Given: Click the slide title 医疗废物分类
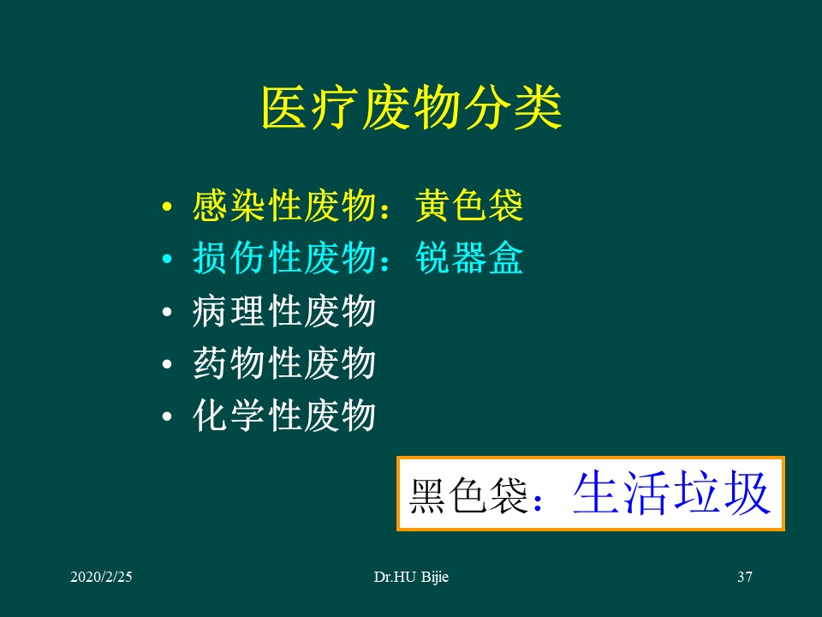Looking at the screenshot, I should coord(411,108).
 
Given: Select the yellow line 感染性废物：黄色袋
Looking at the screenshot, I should coord(358,207).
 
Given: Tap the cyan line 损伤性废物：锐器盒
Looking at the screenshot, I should coord(358,260).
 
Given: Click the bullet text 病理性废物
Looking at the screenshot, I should coord(284,312).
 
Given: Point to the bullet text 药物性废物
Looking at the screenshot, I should coord(284,364).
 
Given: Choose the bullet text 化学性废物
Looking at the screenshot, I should coord(284,416).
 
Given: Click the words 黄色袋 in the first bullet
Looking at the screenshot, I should coord(469,207).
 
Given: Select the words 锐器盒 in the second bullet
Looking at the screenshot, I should coord(469,260).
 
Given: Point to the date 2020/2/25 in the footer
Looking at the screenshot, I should coord(101,578).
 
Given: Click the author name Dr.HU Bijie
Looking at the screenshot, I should coord(411,578).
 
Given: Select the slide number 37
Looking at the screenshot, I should coord(744,578).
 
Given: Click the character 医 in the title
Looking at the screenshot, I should coord(283,108).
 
